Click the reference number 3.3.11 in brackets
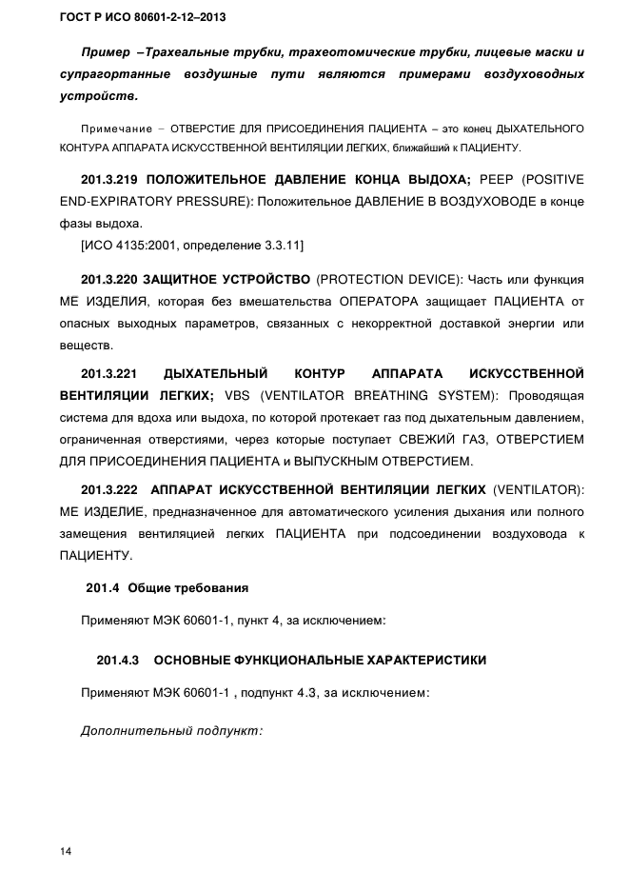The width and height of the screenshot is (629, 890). tap(277, 247)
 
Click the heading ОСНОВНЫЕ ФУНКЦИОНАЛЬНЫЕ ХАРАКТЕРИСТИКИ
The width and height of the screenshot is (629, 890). tap(320, 659)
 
